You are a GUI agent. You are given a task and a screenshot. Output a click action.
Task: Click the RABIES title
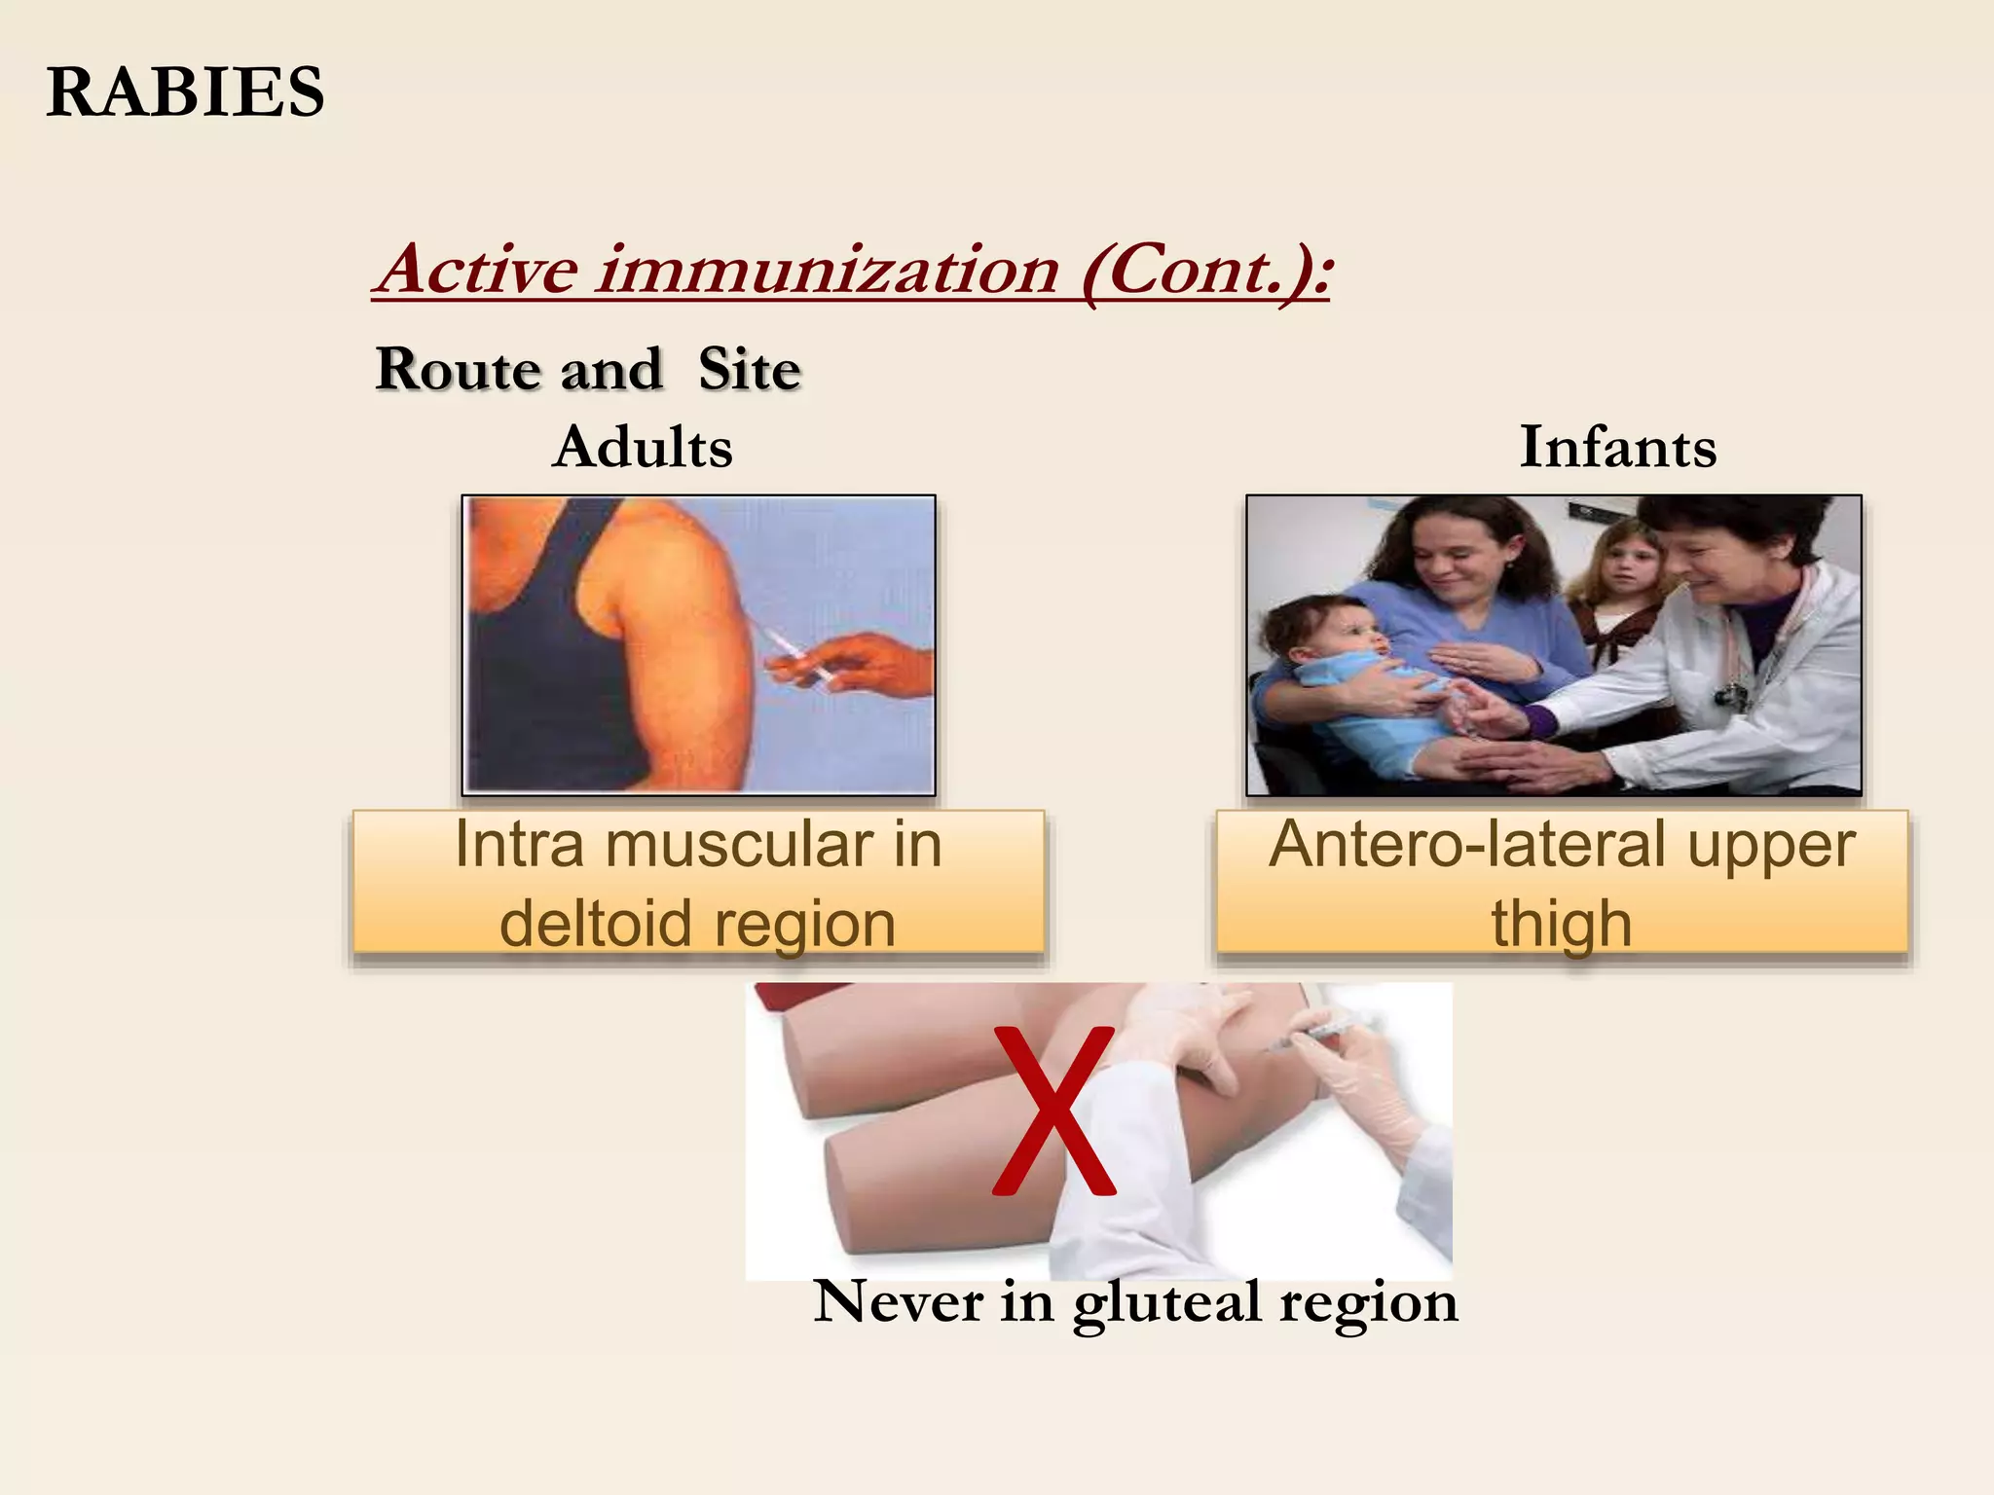click(x=185, y=93)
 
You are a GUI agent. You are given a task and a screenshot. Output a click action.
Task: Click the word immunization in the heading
click(x=828, y=270)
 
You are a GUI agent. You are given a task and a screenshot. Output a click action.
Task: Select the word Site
click(x=749, y=370)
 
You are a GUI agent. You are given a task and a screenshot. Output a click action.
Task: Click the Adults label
click(x=643, y=447)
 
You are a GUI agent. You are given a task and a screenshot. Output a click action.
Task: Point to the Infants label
click(x=1617, y=447)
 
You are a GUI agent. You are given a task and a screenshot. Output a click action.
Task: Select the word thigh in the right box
click(x=1561, y=923)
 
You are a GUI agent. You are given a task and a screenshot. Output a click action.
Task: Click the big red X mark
click(x=1053, y=1110)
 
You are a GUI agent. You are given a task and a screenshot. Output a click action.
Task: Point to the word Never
click(x=898, y=1301)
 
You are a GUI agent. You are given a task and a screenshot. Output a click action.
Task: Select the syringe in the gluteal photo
click(x=1314, y=1033)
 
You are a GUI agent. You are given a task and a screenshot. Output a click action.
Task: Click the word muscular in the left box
click(x=739, y=844)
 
